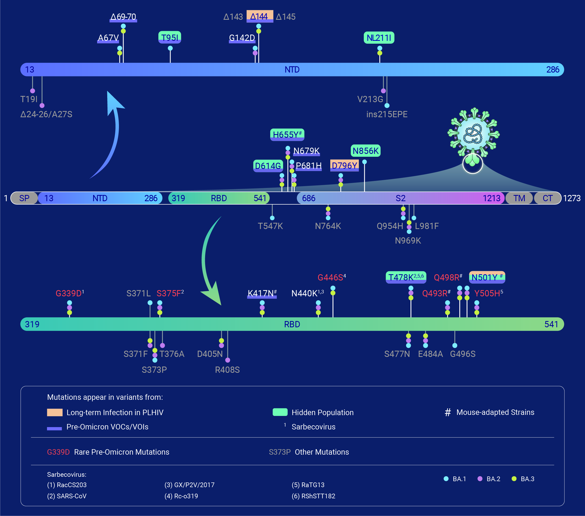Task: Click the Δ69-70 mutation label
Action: point(123,17)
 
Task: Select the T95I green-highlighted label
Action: point(170,37)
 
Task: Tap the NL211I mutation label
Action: point(379,37)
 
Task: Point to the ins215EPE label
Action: point(387,114)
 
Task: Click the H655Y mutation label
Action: point(287,134)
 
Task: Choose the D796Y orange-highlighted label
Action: point(345,166)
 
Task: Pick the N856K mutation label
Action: point(366,151)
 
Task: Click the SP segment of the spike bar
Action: point(24,198)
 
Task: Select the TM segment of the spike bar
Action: point(519,198)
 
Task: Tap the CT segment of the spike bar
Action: point(548,198)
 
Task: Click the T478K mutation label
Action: point(406,277)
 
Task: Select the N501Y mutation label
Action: point(487,277)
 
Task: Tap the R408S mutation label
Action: point(227,370)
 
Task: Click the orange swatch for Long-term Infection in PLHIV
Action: point(55,413)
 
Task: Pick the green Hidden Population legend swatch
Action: point(280,412)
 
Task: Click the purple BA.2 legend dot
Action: point(480,479)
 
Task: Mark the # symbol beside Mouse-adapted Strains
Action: point(448,413)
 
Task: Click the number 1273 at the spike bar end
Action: point(572,198)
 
